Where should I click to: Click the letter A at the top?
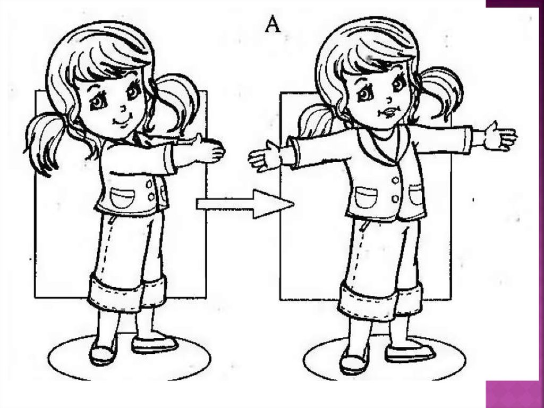[273, 24]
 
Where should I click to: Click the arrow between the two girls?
[245, 204]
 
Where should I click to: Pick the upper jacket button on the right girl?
[395, 181]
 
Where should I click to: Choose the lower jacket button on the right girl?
[395, 199]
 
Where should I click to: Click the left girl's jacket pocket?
[122, 198]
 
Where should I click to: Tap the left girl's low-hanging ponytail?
[44, 143]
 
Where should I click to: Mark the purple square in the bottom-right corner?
[515, 395]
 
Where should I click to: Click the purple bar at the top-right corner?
[515, 4]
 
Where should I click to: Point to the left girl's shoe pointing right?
[155, 344]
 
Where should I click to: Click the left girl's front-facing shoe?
[103, 351]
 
